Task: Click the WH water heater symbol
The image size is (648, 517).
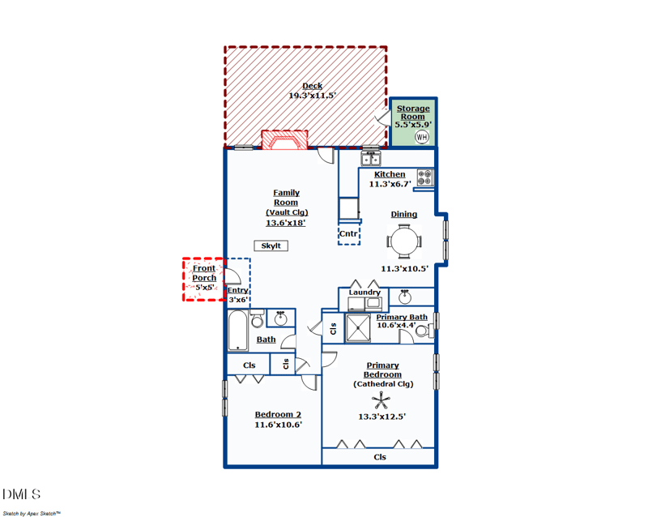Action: [421, 137]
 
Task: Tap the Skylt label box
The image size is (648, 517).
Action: [271, 246]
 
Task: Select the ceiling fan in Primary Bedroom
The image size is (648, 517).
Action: [382, 399]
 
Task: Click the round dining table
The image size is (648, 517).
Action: [404, 240]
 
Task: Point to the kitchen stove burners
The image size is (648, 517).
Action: [425, 178]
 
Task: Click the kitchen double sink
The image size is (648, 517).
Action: [371, 158]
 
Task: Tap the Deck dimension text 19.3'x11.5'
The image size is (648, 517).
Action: [312, 96]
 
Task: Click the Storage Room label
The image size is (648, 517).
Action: [413, 112]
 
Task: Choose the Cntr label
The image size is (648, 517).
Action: [348, 234]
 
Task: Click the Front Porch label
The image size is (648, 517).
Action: [204, 272]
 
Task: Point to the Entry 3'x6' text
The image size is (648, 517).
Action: [237, 295]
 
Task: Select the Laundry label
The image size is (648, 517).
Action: [364, 293]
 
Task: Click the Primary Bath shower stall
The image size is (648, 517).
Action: [358, 328]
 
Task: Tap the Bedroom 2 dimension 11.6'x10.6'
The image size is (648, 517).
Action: [278, 425]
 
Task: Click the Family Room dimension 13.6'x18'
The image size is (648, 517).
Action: [287, 223]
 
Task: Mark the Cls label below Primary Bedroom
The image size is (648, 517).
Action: [379, 457]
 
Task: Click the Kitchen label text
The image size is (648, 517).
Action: [390, 174]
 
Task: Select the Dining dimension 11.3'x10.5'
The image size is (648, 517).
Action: [404, 269]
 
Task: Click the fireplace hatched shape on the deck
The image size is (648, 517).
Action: [284, 141]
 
